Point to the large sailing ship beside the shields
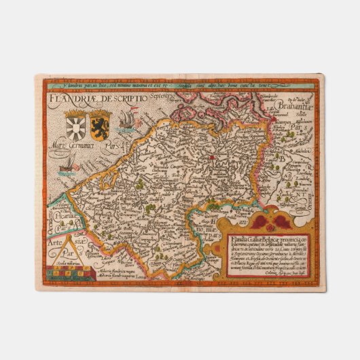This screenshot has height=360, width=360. pos(124,122)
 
